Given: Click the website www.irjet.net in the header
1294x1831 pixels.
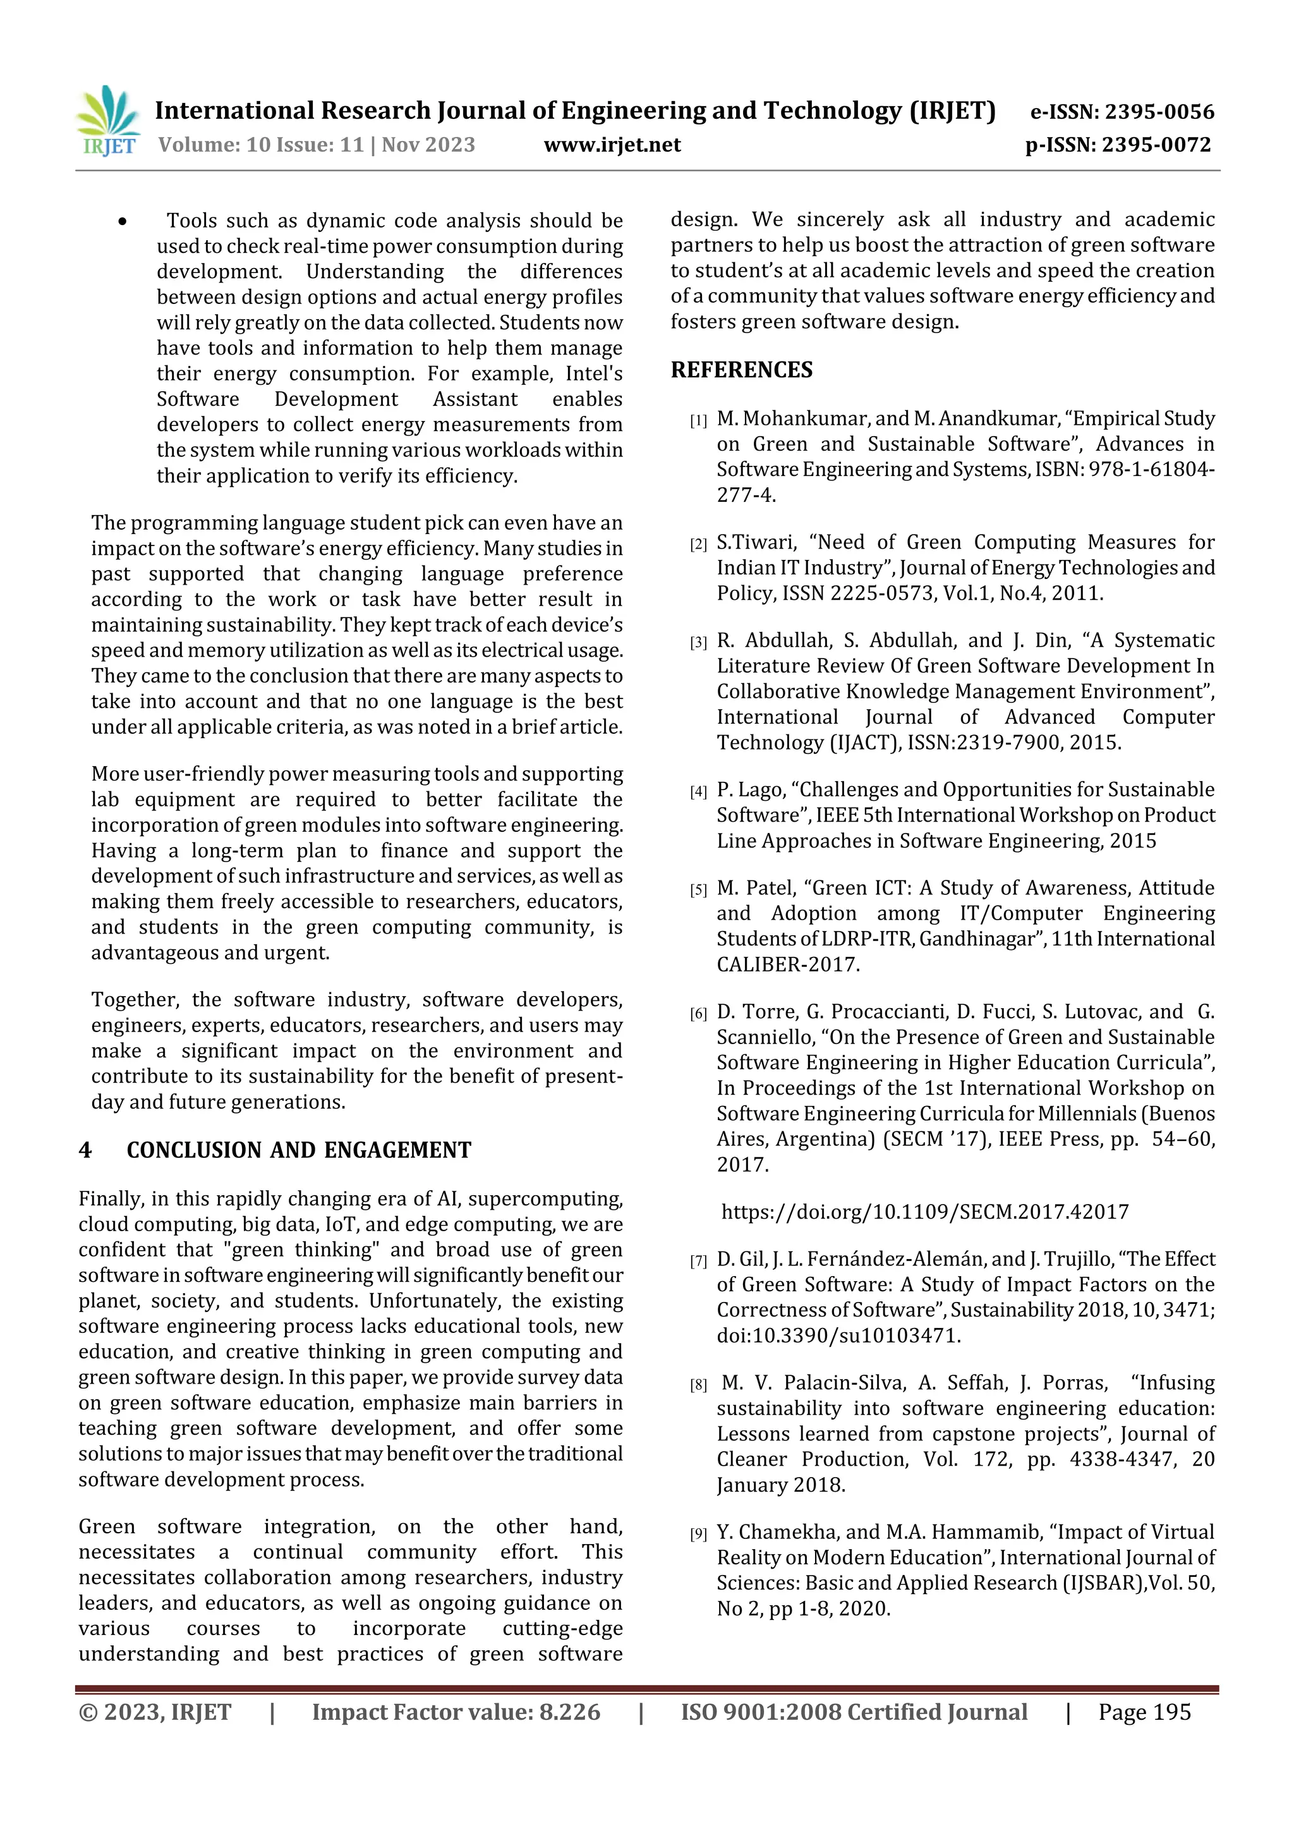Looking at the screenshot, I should point(612,145).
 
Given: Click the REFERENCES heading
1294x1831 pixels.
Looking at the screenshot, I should point(742,370).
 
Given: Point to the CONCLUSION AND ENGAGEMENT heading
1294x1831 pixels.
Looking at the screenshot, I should point(299,1150).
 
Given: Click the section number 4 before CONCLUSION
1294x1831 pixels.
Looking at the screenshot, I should point(85,1150).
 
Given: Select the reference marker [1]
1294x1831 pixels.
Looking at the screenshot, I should point(698,421).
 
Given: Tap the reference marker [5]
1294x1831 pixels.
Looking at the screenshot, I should point(698,890).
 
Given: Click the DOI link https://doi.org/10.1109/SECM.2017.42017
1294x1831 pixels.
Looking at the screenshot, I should point(925,1212).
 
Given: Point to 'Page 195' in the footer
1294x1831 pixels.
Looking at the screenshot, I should point(1144,1712).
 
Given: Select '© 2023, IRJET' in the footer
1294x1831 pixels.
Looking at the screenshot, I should point(155,1712).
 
